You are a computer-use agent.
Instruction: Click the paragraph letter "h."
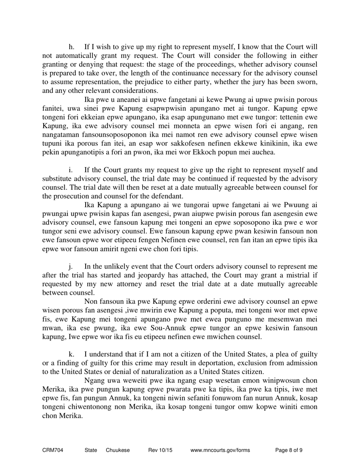click(72, 47)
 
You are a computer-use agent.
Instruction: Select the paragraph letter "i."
click(71, 170)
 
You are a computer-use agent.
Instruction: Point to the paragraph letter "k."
click(72, 354)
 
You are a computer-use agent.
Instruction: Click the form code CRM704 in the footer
click(53, 450)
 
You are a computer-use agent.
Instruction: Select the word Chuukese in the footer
click(118, 450)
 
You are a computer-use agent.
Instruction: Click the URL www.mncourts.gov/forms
click(220, 450)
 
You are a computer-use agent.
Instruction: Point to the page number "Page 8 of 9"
click(289, 450)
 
